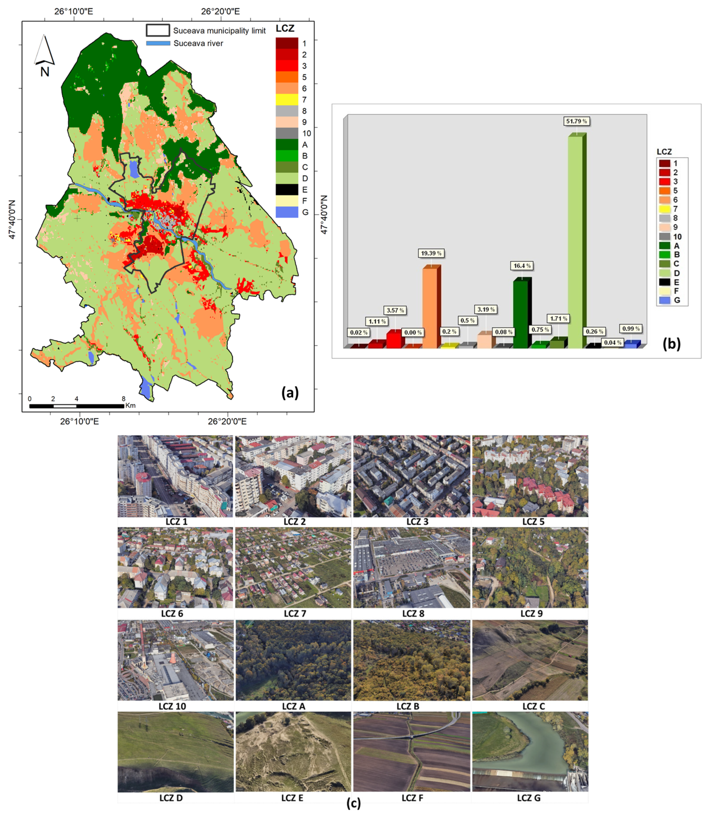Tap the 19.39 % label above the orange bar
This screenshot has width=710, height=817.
431,253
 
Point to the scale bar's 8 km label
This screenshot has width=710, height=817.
123,399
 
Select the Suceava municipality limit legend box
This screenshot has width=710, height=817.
158,30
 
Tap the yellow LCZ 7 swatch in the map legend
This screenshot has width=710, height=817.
287,100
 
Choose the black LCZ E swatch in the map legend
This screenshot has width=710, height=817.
287,190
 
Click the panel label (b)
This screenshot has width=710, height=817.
672,344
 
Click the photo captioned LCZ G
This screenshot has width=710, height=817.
530,751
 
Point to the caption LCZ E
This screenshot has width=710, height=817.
292,798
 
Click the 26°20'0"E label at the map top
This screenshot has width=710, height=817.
220,11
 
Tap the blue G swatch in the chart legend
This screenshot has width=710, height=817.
665,300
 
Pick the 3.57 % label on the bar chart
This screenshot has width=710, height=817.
395,310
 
